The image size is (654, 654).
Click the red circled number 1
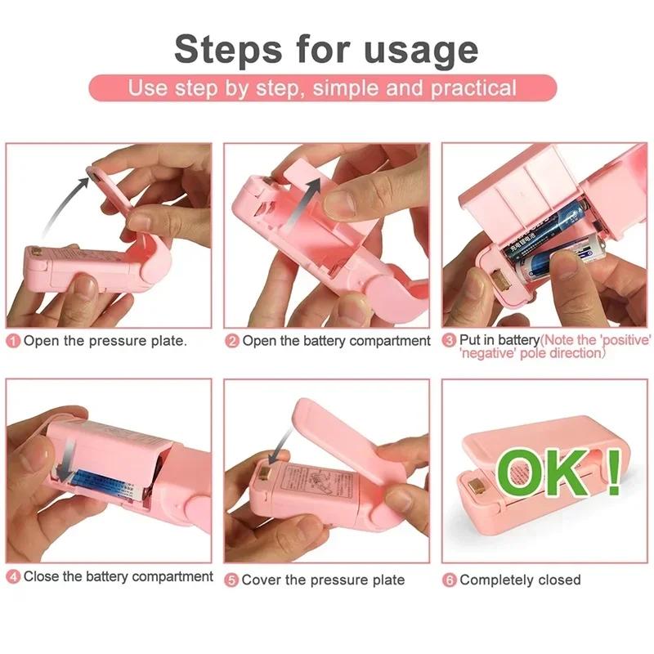coord(13,341)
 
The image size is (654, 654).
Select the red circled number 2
coord(232,341)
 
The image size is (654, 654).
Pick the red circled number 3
coord(449,340)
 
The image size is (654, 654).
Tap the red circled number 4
coord(13,577)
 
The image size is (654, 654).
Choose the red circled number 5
coord(232,580)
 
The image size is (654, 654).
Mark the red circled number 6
coord(450,580)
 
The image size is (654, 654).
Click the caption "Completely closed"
coord(520,580)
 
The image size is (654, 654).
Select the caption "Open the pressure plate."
coord(105,341)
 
